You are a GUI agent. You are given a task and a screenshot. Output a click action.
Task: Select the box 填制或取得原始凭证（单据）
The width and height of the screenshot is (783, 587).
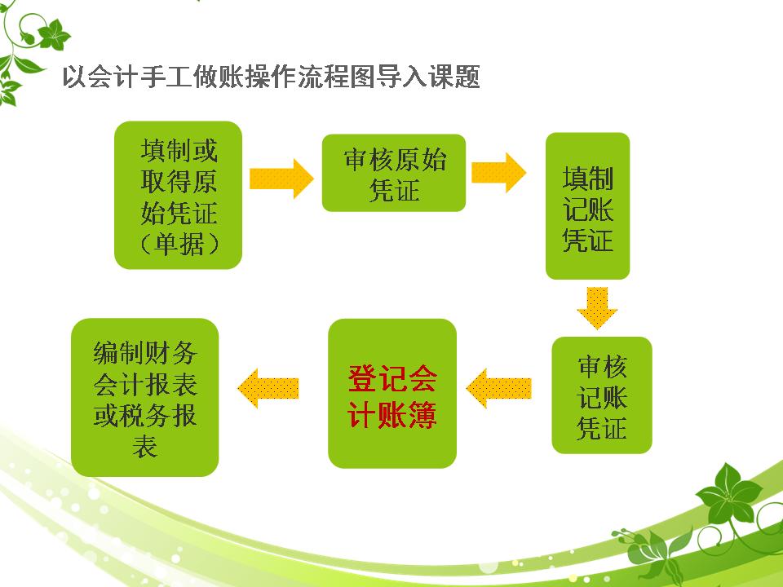(178, 195)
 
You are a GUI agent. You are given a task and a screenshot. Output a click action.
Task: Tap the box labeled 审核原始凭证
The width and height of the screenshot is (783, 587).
(394, 173)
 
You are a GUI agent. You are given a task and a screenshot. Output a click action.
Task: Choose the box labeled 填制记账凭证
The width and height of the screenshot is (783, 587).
(587, 206)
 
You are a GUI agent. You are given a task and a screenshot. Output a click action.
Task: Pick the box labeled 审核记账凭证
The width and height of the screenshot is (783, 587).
(602, 395)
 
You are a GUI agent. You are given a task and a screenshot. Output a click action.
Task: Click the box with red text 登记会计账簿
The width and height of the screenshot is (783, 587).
(392, 394)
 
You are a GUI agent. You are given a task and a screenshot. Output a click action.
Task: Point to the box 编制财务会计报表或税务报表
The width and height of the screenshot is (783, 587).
(145, 397)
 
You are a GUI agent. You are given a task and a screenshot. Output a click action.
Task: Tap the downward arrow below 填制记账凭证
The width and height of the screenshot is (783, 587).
(597, 307)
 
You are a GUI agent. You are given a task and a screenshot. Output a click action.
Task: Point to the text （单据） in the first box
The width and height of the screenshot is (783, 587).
(179, 244)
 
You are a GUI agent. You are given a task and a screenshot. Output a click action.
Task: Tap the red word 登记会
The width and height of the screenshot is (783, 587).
(392, 378)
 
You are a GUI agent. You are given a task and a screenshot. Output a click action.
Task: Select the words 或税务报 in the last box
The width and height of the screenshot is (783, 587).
(145, 415)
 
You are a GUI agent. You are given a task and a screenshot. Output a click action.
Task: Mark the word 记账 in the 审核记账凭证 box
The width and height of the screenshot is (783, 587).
(603, 397)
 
